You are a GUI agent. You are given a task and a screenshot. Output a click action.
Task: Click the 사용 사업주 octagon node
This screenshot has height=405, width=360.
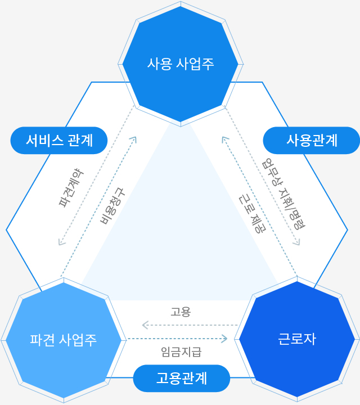point(181,64)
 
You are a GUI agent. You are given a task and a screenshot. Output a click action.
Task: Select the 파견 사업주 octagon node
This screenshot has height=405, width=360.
point(64,340)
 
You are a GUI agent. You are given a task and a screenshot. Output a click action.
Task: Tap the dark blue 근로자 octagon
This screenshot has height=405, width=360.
point(297,339)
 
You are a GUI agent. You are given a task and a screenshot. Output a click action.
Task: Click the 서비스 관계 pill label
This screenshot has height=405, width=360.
point(59,141)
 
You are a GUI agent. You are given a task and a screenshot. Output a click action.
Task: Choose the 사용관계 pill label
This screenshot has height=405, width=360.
point(312,141)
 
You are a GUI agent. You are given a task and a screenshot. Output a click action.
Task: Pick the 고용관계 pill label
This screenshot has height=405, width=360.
point(182,379)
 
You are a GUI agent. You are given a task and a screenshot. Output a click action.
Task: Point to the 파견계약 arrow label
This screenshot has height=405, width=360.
point(71,188)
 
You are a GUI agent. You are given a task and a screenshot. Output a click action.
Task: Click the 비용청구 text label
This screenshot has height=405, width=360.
point(112,206)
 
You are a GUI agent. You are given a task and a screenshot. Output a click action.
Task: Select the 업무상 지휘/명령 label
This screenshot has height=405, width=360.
point(283,193)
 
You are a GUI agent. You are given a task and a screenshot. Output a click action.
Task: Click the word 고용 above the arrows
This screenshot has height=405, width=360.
point(181,312)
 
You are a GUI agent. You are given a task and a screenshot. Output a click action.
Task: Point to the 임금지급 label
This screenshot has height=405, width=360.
point(181,352)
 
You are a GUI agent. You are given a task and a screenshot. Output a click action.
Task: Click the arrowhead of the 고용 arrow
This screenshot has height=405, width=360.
point(145,325)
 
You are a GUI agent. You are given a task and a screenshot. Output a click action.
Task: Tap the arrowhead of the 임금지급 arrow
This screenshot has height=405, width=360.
point(224,339)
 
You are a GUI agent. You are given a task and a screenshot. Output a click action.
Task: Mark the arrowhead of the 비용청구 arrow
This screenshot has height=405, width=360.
point(134,139)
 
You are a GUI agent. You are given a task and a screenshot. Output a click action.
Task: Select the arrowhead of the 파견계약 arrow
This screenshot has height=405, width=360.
point(61,242)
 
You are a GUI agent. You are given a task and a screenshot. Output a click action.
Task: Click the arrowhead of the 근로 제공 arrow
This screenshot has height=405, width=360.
point(224,139)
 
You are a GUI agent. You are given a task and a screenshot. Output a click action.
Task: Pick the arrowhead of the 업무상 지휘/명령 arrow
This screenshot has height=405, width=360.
point(297,242)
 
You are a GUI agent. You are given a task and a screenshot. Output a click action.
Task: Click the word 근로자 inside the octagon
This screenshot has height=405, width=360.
point(297,339)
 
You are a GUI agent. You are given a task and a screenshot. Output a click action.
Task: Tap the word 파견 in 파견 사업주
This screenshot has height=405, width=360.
point(42,340)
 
